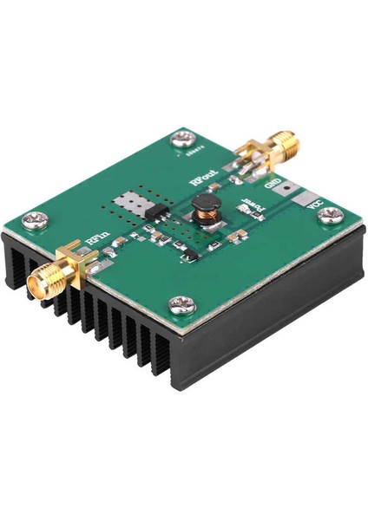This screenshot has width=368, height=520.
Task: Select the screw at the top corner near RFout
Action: (x=182, y=136)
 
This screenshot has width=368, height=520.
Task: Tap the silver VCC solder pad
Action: (x=301, y=202)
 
